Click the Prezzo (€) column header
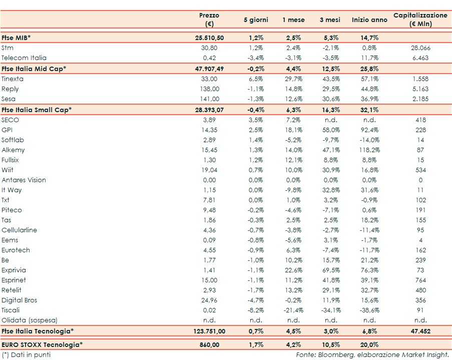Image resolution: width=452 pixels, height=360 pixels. coord(209,20)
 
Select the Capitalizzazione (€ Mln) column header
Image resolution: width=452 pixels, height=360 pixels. coord(420,20)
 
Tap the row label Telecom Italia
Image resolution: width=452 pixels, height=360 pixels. coord(24,58)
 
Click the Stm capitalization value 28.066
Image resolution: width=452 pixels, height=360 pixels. coord(420,48)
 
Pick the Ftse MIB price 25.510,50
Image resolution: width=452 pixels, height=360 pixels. coord(209,38)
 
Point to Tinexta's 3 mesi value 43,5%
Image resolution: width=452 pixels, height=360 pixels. coord(330,79)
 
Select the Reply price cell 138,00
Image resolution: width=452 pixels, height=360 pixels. coord(209,89)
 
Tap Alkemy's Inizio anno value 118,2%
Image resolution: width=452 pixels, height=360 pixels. coord(369,150)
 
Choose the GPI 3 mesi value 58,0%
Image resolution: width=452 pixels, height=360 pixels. coord(330,130)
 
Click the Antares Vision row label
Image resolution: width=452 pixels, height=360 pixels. coord(24,180)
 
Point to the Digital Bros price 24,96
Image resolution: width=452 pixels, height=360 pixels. coord(209,300)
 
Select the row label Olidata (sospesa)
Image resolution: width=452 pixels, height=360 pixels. coord(30,320)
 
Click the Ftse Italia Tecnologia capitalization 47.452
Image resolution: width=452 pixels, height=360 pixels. coord(420,331)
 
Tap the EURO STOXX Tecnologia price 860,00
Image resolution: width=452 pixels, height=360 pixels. coord(209,344)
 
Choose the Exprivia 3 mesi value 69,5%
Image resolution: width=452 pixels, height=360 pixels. coord(330,270)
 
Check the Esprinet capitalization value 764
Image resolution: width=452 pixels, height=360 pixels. coord(420,280)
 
